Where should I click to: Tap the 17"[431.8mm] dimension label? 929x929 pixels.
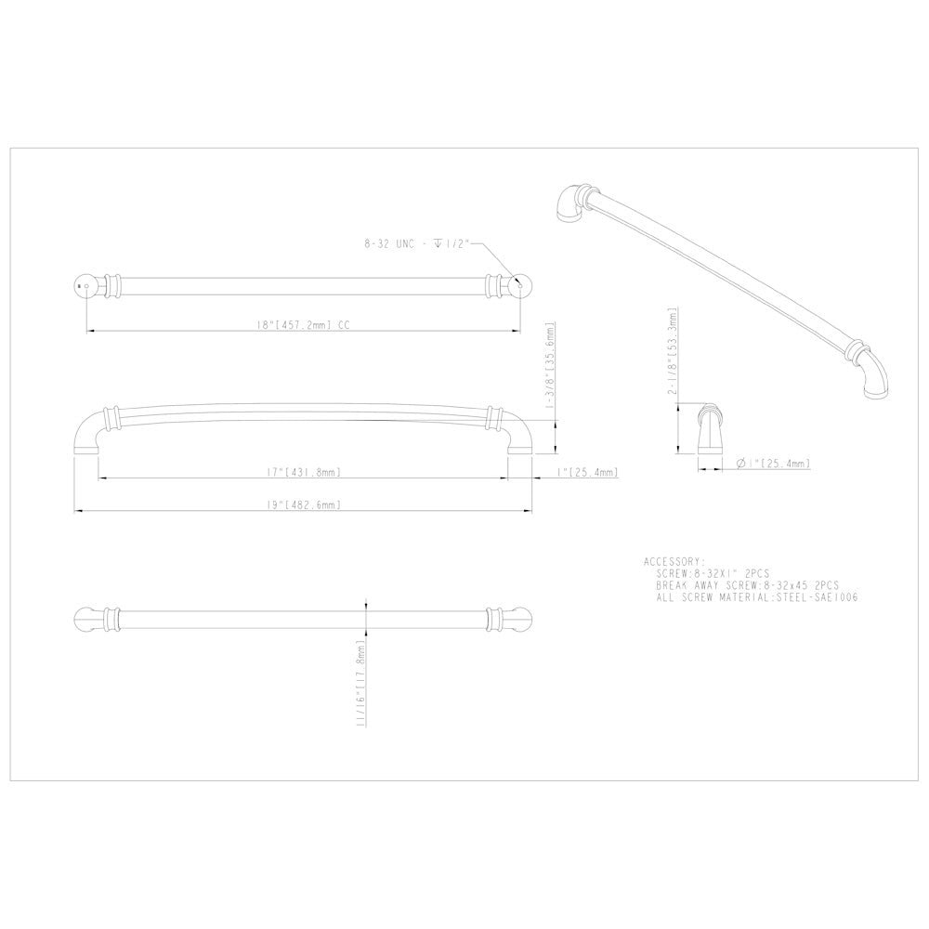(x=305, y=473)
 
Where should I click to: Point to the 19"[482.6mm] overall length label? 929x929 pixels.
(x=305, y=505)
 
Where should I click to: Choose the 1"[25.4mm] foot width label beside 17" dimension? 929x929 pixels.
(x=588, y=473)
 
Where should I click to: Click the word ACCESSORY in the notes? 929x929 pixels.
(x=674, y=562)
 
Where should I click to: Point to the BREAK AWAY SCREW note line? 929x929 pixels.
(x=748, y=586)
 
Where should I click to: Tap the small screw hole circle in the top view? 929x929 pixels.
(x=86, y=287)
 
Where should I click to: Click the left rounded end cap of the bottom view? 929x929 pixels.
(x=86, y=618)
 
